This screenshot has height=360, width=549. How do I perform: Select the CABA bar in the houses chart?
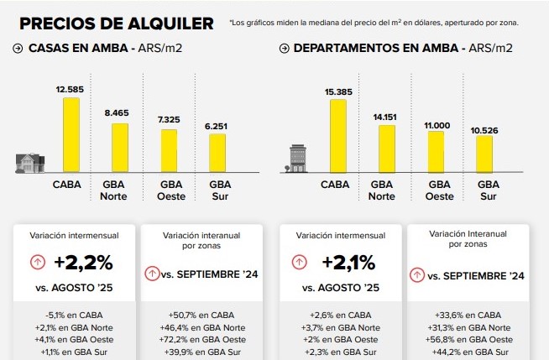click(x=71, y=134)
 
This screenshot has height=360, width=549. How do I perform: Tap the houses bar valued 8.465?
click(x=120, y=148)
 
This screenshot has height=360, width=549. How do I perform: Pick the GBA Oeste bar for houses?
click(x=170, y=150)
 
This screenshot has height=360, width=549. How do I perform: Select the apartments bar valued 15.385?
click(x=338, y=135)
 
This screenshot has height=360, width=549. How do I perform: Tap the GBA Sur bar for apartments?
click(x=484, y=153)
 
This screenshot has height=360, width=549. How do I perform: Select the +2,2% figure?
click(x=82, y=262)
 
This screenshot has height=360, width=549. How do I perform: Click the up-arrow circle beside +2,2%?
click(x=38, y=262)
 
